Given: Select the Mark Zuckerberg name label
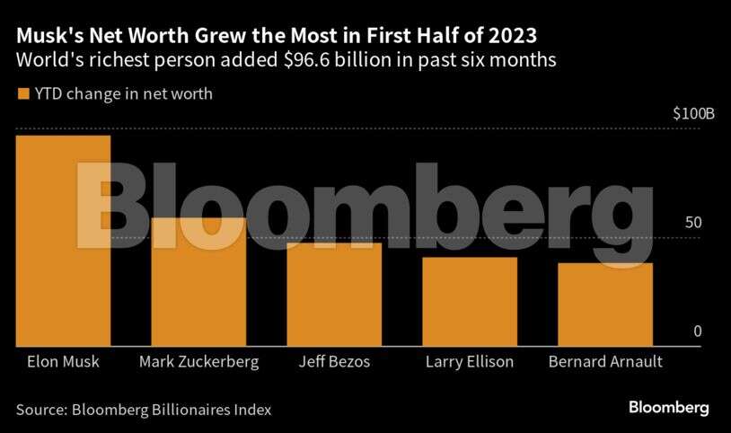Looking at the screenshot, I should tap(199, 362).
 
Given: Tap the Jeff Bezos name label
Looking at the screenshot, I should tap(333, 362).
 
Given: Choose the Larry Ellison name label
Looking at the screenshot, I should tap(469, 362).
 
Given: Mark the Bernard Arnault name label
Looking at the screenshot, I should tap(604, 362).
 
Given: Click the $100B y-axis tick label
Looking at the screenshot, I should tap(693, 115).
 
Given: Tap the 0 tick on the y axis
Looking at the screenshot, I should tap(696, 331).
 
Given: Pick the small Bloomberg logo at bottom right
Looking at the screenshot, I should tap(668, 408).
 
